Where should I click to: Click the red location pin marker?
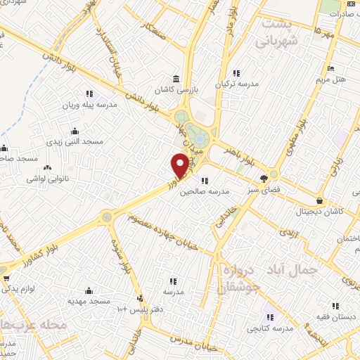[181, 167]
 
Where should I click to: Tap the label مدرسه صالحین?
[205, 191]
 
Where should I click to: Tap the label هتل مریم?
[331, 79]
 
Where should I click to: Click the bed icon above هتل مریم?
[331, 70]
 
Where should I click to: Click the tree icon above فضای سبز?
[264, 178]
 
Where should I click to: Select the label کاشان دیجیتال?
[319, 211]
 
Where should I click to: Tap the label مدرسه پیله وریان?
[90, 103]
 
